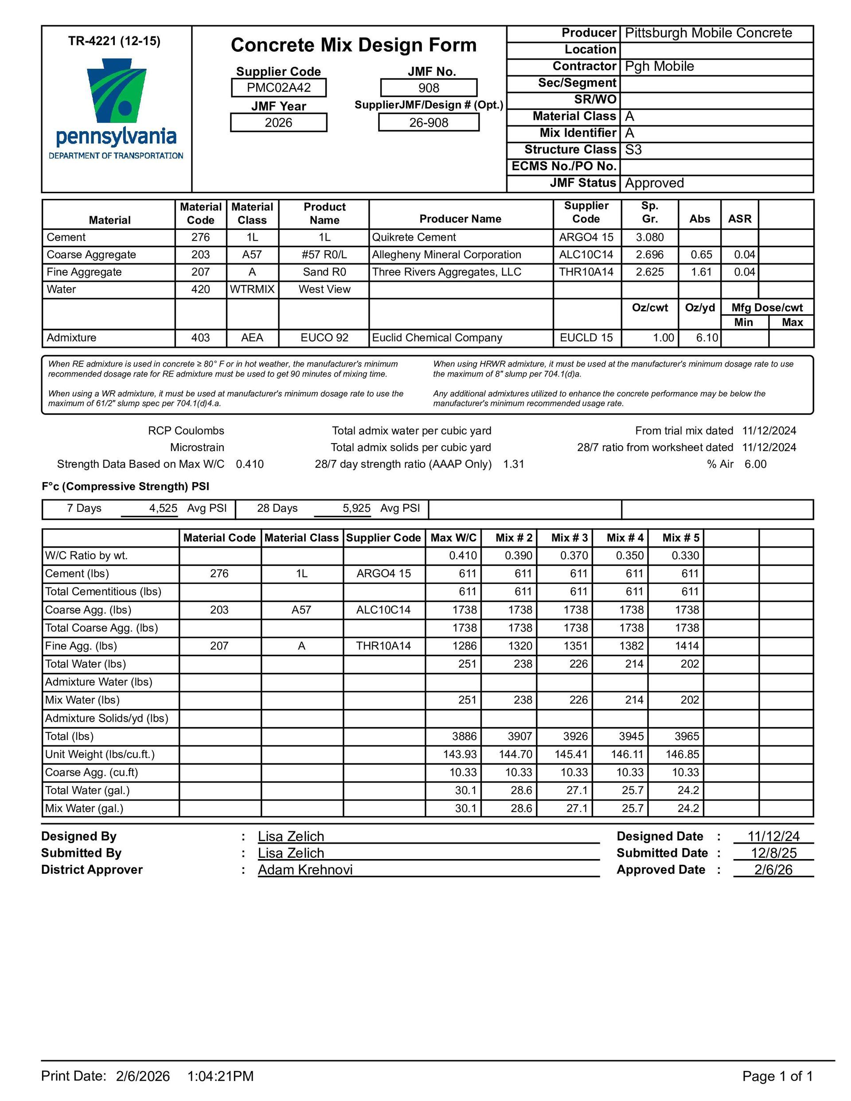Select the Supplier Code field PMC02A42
pyautogui.click(x=278, y=88)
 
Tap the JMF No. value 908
pyautogui.click(x=428, y=88)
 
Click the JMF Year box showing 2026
pyautogui.click(x=278, y=122)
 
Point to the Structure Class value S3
pyautogui.click(x=633, y=150)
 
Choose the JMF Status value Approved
pyautogui.click(x=654, y=183)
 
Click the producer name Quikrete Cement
pyautogui.click(x=414, y=237)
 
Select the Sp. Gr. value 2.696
pyautogui.click(x=650, y=255)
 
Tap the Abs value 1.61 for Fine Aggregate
pyautogui.click(x=700, y=272)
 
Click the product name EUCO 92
pyautogui.click(x=324, y=338)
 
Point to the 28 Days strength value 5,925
pyautogui.click(x=356, y=508)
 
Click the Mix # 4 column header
pyautogui.click(x=625, y=538)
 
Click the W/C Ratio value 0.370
pyautogui.click(x=574, y=556)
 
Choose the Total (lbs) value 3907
pyautogui.click(x=519, y=736)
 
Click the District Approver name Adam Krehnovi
pyautogui.click(x=305, y=870)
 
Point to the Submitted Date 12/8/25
pyautogui.click(x=773, y=853)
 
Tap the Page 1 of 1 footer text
pyautogui.click(x=777, y=1076)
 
